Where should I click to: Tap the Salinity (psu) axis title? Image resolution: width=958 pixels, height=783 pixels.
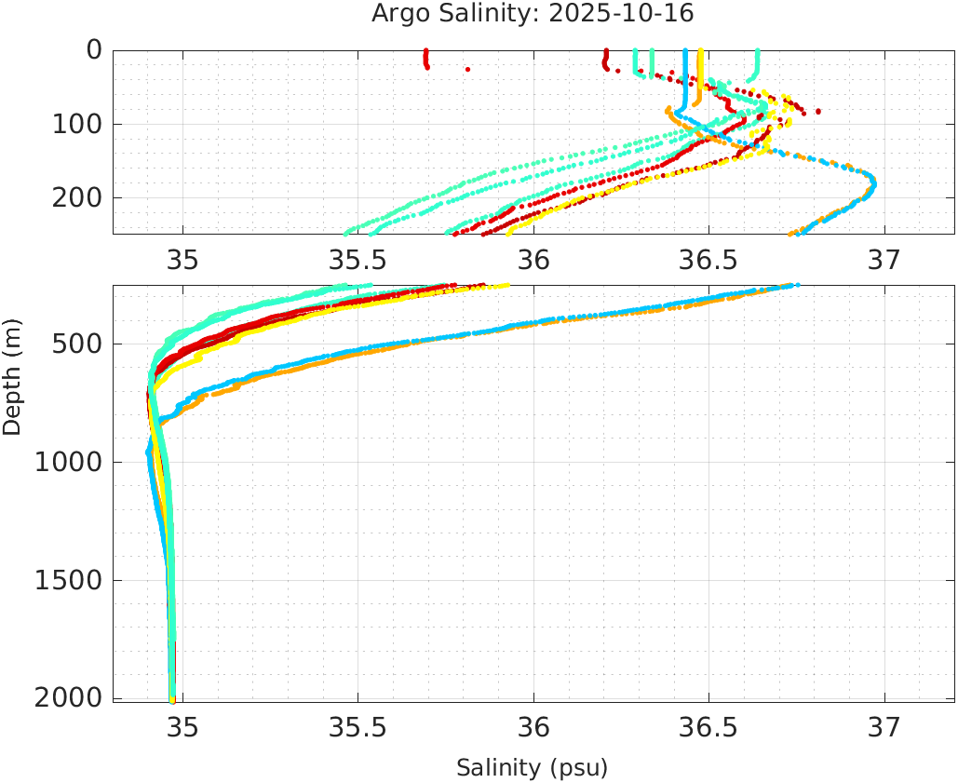[532, 768]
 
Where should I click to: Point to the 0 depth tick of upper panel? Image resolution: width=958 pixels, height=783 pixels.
[94, 49]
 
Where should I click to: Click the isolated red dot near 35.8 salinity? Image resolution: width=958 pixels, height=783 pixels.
[467, 69]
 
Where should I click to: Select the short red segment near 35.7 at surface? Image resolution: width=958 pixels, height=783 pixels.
[426, 60]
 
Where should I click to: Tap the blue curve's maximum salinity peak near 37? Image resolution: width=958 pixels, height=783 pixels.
[872, 182]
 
